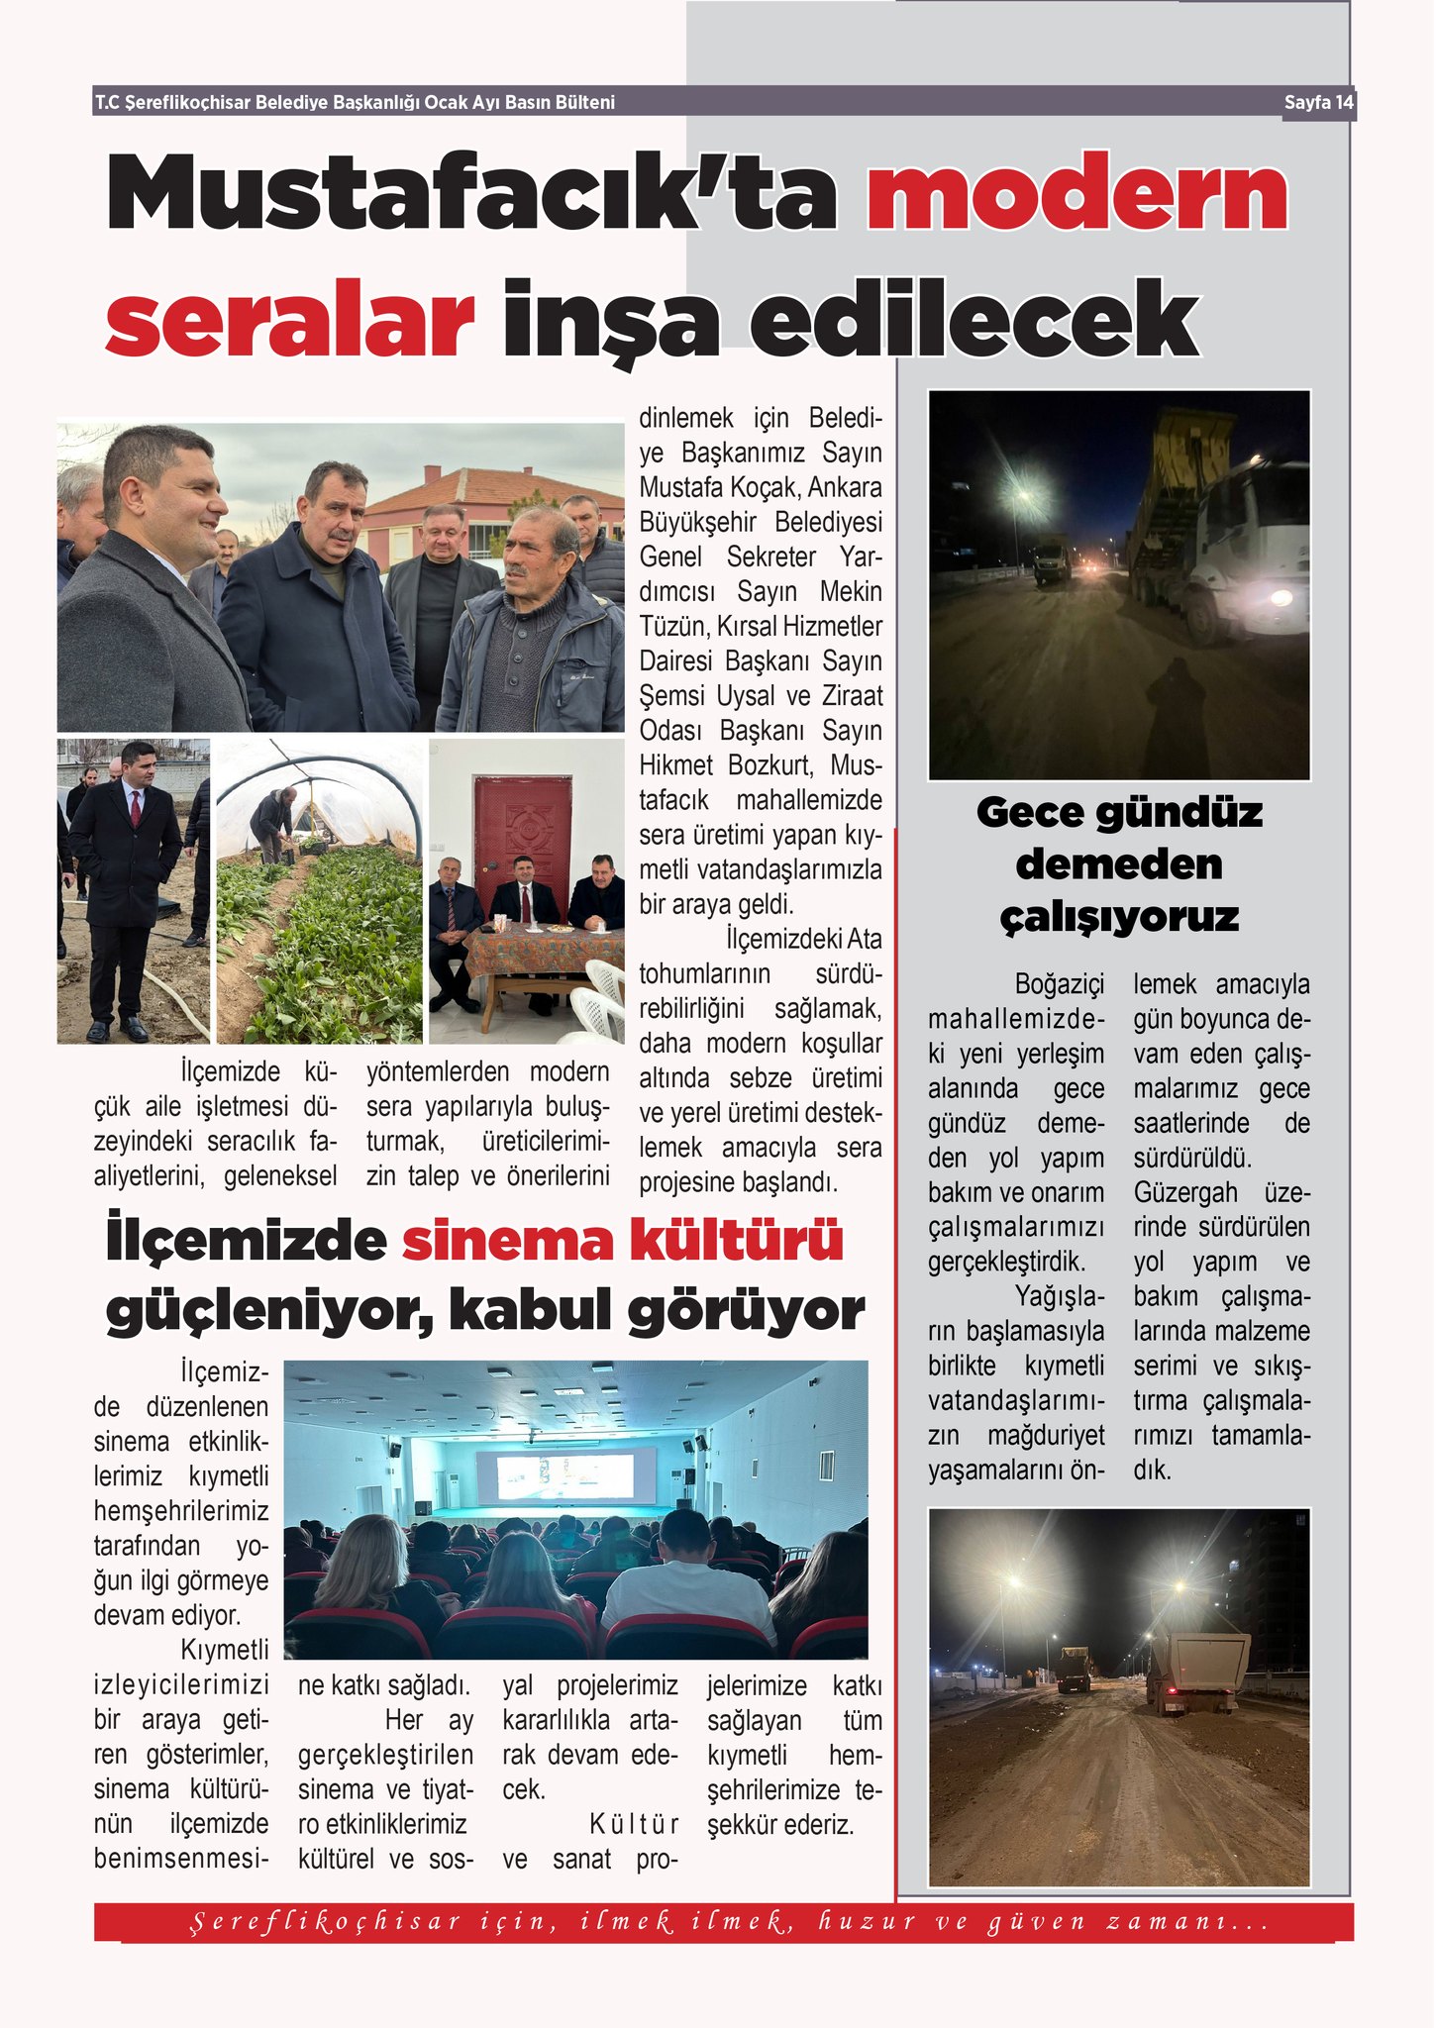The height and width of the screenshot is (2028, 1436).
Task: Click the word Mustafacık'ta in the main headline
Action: [x=471, y=193]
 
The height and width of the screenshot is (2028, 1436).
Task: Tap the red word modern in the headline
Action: [x=1077, y=193]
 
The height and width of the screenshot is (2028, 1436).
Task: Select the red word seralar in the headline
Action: [x=289, y=320]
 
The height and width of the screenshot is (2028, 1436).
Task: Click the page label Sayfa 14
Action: [x=1317, y=103]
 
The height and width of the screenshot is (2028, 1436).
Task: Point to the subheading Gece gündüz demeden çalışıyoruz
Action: [x=1119, y=864]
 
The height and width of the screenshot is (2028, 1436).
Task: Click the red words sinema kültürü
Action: [x=622, y=1242]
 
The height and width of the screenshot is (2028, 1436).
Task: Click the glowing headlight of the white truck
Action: [x=1281, y=597]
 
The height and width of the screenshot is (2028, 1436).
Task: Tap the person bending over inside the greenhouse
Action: [x=273, y=822]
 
